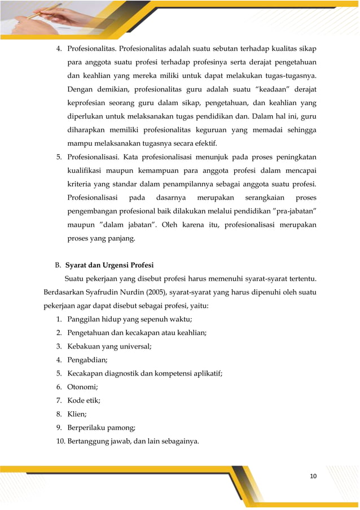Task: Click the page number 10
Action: pos(313,476)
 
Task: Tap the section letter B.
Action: pos(58,264)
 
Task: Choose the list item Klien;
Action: pos(80,414)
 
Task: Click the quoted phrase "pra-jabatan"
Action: pos(286,211)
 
